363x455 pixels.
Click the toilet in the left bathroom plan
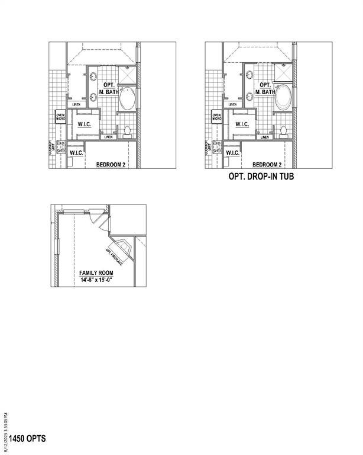[126, 130]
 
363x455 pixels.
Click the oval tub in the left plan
[126, 100]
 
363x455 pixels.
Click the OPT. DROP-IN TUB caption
[261, 177]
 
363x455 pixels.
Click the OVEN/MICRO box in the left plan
[60, 117]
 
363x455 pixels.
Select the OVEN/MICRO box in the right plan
[217, 117]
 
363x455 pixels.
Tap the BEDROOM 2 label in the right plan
[267, 165]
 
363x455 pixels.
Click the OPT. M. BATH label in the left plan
[109, 89]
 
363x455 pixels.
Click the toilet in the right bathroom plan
[283, 130]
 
